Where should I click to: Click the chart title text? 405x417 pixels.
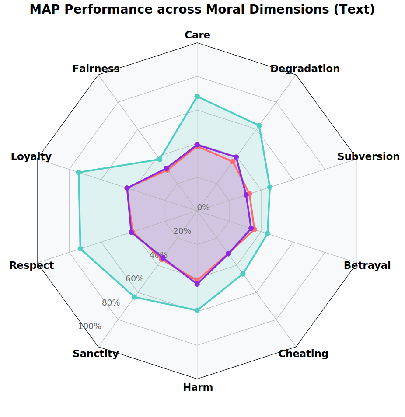click(202, 10)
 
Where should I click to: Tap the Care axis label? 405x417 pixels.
click(197, 35)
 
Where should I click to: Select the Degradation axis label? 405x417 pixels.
click(305, 69)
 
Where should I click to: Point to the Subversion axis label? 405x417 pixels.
click(368, 156)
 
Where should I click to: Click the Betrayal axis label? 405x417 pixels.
click(367, 265)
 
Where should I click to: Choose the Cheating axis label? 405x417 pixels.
click(303, 354)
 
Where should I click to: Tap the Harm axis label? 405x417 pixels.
click(198, 387)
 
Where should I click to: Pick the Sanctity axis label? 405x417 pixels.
click(95, 354)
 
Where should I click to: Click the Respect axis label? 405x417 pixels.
click(31, 265)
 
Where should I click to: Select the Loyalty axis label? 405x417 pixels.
click(31, 156)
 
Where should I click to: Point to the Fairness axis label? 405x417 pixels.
click(96, 69)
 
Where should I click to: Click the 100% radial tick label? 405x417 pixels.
click(90, 327)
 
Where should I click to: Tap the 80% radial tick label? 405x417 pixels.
click(111, 302)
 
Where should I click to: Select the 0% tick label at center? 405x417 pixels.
click(203, 208)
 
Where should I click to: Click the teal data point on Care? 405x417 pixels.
click(197, 97)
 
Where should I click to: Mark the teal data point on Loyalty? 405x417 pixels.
click(79, 172)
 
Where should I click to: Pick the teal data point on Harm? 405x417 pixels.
click(197, 310)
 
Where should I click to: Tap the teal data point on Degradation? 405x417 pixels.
click(259, 125)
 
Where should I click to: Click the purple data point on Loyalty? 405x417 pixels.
click(127, 188)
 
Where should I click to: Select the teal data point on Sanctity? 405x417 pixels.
click(134, 297)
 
